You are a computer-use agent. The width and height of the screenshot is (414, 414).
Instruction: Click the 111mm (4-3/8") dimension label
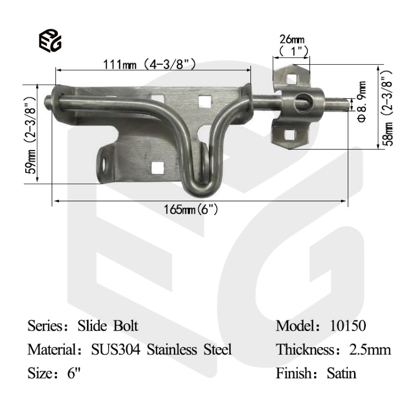[x=149, y=64]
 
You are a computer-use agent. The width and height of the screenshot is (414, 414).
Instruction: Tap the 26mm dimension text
[x=291, y=39]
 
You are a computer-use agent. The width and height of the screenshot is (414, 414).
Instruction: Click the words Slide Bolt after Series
[x=108, y=325]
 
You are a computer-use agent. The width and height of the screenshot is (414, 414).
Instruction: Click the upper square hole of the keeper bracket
[x=292, y=78]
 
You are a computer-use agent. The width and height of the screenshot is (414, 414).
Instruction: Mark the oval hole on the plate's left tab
[x=104, y=166]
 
